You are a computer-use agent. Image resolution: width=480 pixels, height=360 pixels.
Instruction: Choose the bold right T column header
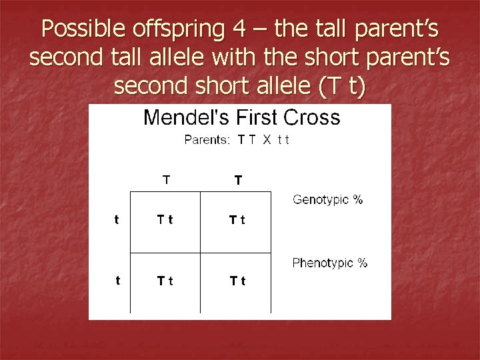(x=237, y=179)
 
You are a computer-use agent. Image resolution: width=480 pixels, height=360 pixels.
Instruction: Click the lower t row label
(x=117, y=281)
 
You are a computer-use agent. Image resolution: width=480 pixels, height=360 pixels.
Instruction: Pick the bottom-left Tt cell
(x=165, y=281)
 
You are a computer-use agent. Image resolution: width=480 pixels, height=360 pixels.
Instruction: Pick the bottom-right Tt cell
(x=237, y=281)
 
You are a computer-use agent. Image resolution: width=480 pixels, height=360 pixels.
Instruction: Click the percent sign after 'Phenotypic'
(x=361, y=263)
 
